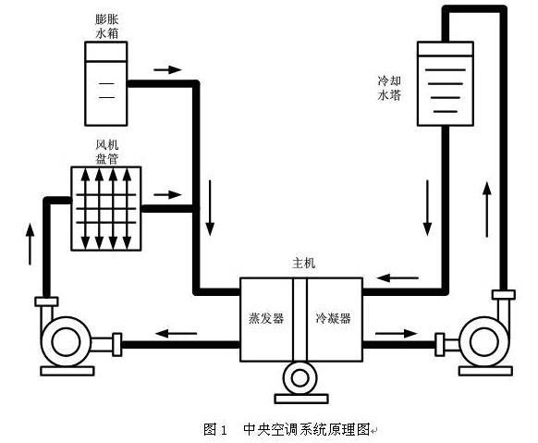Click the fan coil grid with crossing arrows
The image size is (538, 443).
(x=106, y=208)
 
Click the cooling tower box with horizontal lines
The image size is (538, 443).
(x=446, y=82)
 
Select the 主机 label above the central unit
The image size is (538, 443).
(x=303, y=263)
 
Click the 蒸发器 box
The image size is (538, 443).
(x=265, y=317)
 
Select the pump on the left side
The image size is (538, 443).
(x=70, y=339)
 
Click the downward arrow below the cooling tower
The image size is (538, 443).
(x=427, y=207)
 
